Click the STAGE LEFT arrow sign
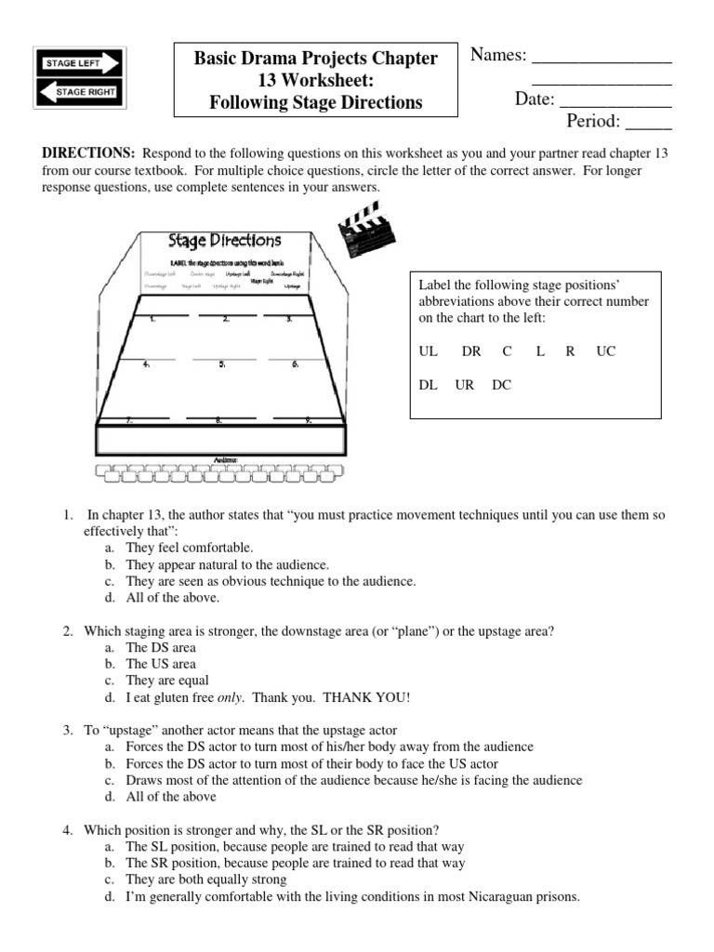click(79, 62)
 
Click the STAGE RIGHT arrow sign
click(79, 92)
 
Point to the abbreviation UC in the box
click(606, 351)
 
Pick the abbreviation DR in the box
click(471, 351)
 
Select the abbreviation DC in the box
click(501, 384)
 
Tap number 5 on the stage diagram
click(223, 365)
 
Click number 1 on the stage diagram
click(152, 319)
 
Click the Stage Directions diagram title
click(224, 242)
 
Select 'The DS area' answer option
click(161, 647)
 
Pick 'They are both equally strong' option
click(206, 879)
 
